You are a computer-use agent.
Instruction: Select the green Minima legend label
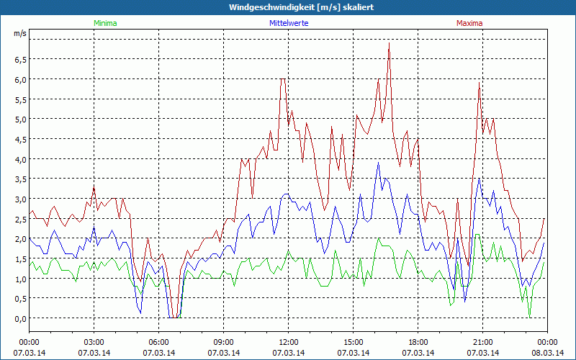[105, 23]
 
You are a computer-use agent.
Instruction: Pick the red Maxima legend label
[469, 23]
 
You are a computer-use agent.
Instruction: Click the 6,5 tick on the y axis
[19, 59]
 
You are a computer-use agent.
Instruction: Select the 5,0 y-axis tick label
[19, 119]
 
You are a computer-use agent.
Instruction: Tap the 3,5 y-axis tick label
[19, 179]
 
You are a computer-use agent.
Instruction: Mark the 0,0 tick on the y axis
[19, 318]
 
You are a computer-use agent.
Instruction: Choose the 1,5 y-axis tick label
[19, 258]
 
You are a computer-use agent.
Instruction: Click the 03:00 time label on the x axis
[94, 342]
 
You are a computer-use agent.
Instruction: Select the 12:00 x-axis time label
[289, 342]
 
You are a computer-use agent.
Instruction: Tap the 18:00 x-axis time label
[418, 342]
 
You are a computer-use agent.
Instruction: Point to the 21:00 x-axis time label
[483, 342]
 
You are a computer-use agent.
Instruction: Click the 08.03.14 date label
[548, 353]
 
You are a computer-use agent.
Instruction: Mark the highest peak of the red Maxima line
[389, 42]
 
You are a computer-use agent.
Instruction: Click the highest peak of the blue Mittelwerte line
[379, 163]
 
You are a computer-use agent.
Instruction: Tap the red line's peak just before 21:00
[479, 83]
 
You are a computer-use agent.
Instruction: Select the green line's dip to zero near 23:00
[530, 317]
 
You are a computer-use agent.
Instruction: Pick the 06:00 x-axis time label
[159, 342]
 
